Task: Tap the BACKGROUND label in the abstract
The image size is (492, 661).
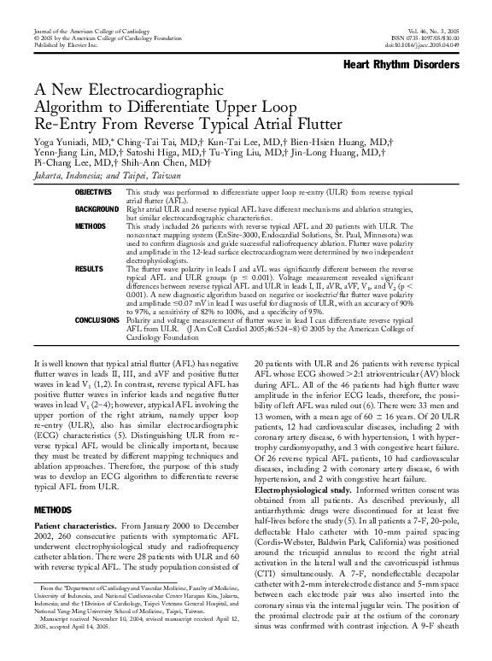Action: [97, 209]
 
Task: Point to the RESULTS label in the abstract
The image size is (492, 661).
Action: [89, 268]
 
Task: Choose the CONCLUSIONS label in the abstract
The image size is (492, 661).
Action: [97, 321]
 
